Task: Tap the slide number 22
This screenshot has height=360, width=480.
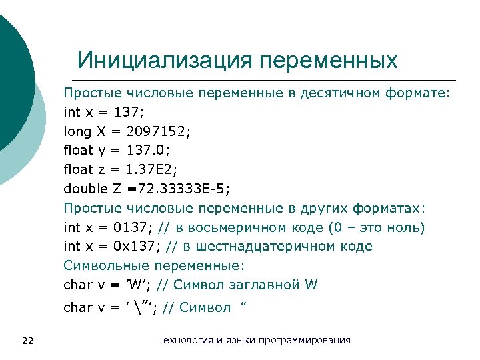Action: [x=27, y=341]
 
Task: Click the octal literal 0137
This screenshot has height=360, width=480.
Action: [x=139, y=227]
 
